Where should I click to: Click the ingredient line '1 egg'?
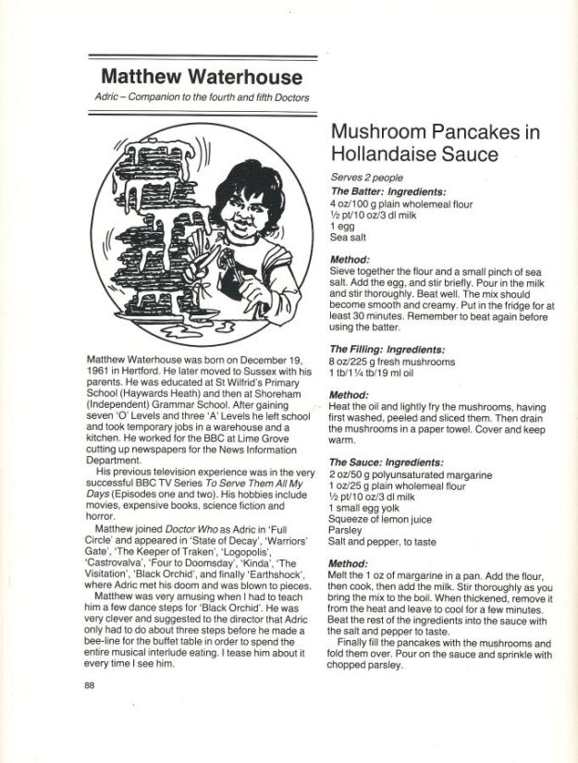point(342,225)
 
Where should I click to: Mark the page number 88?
point(90,685)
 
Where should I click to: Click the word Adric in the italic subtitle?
point(111,97)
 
